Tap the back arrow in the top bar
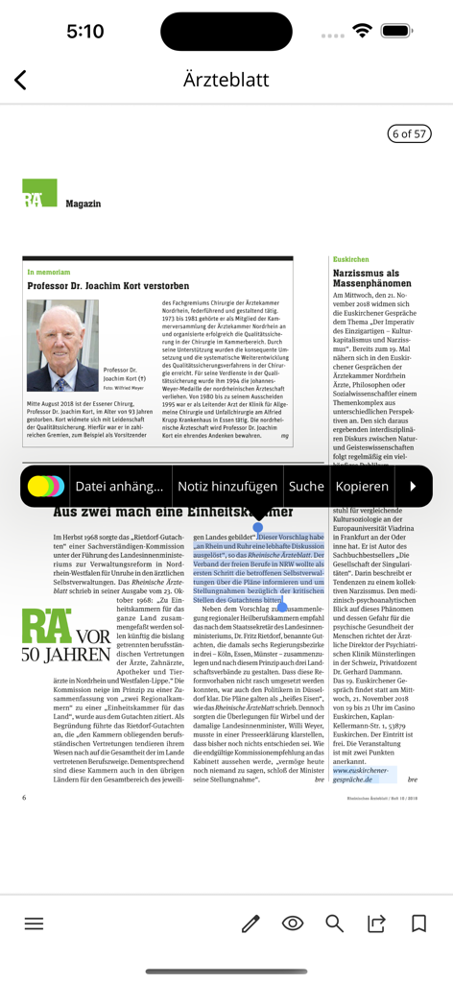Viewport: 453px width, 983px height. click(20, 81)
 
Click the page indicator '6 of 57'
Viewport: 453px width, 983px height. click(408, 133)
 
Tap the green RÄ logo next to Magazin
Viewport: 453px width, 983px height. click(39, 193)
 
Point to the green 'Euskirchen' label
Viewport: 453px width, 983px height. click(350, 260)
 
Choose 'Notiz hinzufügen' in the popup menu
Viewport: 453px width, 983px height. click(227, 487)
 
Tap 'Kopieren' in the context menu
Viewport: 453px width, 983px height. click(362, 487)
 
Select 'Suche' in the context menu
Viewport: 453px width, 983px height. click(306, 487)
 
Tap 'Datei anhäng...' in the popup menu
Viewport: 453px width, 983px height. click(119, 487)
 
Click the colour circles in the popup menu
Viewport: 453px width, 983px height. click(46, 487)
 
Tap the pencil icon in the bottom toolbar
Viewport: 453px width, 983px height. click(250, 923)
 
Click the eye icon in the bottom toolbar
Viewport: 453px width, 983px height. click(293, 923)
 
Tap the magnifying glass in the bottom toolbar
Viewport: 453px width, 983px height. click(334, 923)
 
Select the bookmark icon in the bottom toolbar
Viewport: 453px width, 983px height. click(418, 923)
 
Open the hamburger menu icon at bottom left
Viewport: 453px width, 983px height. click(35, 923)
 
